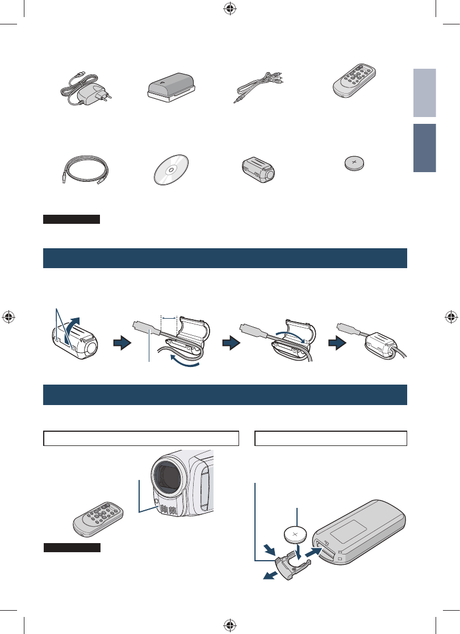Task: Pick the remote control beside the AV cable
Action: pos(356,81)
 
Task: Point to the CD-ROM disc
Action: pos(173,169)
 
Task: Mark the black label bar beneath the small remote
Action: pos(72,548)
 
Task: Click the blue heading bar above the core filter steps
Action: pos(225,258)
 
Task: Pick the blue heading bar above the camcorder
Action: pos(225,395)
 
